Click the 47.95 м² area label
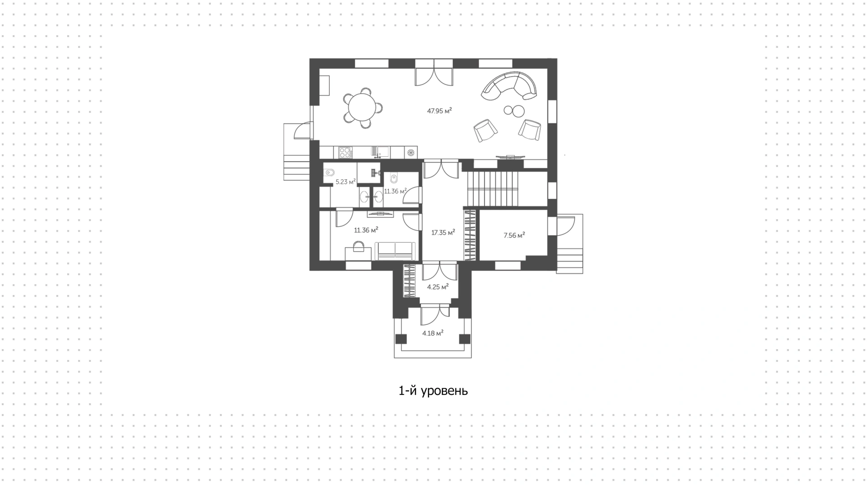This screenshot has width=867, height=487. coord(439,110)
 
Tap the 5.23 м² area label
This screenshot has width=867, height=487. coord(345,182)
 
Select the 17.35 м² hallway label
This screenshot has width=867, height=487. coord(443,233)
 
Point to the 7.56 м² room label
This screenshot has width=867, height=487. coord(514,235)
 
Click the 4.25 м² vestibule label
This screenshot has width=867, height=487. coord(438,286)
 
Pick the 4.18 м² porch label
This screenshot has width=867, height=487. coord(433,333)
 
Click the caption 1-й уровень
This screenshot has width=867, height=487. coord(433,391)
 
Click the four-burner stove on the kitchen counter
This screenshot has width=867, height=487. coord(345,152)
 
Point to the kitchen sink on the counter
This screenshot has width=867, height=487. coord(380,152)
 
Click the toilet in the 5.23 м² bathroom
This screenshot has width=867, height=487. coord(329,172)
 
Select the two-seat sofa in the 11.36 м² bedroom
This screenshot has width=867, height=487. coord(395,251)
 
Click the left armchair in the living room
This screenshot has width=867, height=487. coord(485,131)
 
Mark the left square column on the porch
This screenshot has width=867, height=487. coord(401,339)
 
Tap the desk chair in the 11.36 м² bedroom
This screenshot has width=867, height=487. coord(359,247)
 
